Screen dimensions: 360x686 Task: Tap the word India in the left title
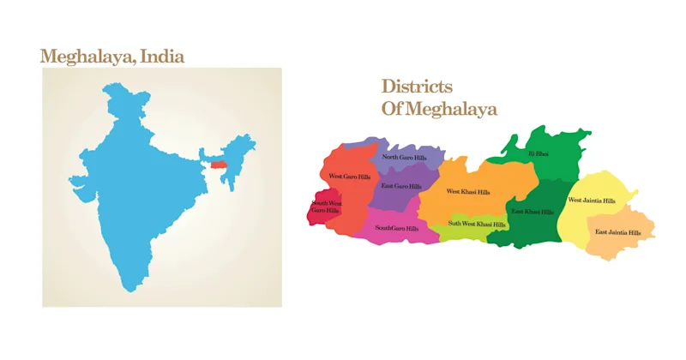tap(161, 57)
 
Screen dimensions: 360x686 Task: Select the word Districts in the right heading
tap(417, 87)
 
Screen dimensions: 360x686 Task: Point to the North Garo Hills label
tap(404, 158)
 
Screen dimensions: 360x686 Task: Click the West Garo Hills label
tap(350, 177)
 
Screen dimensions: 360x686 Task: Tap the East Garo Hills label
tap(401, 186)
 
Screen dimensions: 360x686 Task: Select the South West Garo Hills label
tap(325, 207)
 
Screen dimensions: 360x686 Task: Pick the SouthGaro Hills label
tap(397, 228)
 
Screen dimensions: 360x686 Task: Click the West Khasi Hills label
tap(468, 191)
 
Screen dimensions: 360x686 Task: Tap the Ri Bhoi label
tap(538, 153)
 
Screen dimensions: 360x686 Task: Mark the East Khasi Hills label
tap(532, 211)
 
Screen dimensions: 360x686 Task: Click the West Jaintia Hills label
tap(592, 201)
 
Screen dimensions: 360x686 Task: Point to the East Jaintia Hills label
tap(618, 232)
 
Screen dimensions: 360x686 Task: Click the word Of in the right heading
tap(393, 109)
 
